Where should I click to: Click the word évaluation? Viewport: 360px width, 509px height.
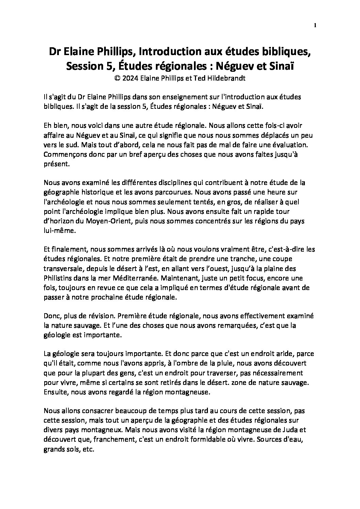tap(289, 145)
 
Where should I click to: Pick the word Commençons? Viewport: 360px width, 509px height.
tap(64, 154)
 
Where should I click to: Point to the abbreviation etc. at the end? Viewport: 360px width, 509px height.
tap(88, 449)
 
